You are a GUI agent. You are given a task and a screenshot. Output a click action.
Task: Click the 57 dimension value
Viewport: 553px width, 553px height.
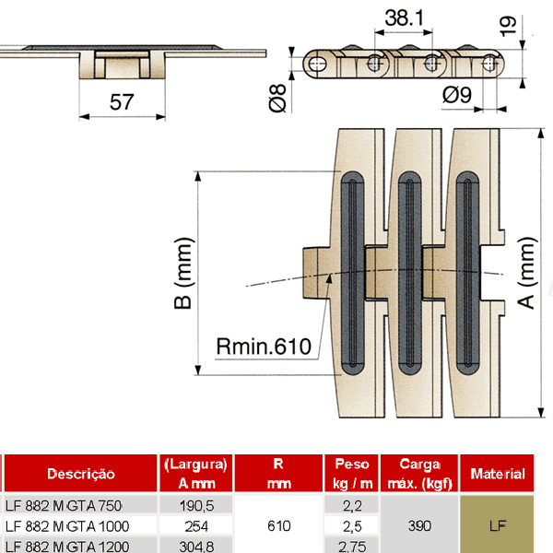coord(122,102)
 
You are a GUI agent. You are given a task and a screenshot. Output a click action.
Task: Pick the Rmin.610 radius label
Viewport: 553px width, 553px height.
coord(265,347)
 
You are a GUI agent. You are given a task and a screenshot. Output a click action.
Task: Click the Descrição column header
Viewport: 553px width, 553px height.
coord(81,474)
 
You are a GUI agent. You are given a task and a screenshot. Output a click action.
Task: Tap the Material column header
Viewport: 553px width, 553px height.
coord(498,474)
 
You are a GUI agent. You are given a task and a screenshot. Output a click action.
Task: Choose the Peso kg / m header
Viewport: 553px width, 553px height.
coord(350,473)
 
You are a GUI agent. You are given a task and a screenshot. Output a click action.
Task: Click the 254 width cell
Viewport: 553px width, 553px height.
coord(196,525)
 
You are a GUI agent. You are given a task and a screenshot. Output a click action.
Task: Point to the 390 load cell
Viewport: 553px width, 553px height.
coord(419,525)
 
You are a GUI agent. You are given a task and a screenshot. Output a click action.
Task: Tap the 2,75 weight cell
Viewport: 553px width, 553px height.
coord(350,547)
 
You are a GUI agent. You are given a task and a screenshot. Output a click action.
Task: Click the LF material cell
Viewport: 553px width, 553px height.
coord(498,525)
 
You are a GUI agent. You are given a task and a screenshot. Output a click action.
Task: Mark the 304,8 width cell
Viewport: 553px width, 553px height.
coord(196,547)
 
